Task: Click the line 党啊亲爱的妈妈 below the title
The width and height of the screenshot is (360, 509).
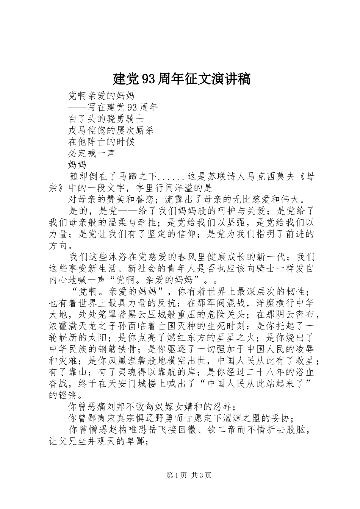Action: click(x=101, y=95)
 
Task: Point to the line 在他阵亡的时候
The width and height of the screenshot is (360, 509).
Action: click(x=101, y=142)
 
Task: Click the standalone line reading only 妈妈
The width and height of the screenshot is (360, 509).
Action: click(x=77, y=165)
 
